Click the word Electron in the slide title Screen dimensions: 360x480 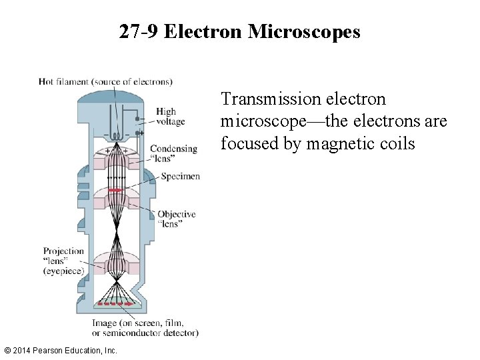(203, 31)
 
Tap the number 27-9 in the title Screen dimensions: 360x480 (139, 31)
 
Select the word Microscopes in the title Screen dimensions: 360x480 (304, 31)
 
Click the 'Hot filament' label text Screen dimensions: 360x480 (63, 82)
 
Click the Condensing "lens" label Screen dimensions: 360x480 (173, 153)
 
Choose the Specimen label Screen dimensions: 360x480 (180, 176)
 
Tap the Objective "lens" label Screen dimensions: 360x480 (177, 219)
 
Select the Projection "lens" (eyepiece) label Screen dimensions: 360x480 (64, 261)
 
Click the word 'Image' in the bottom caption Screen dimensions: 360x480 (106, 323)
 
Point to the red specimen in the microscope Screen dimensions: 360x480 (115, 190)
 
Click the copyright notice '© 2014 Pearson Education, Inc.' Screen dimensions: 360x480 (61, 350)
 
